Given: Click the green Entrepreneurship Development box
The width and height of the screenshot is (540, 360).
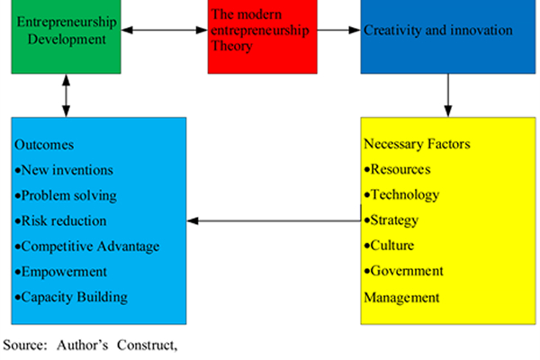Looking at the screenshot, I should point(66,36).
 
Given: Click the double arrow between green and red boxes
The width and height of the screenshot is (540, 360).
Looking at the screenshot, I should point(164,31).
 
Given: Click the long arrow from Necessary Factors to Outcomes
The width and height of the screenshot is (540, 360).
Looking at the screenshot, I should point(274,220).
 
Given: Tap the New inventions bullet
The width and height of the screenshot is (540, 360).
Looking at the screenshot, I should point(63,170).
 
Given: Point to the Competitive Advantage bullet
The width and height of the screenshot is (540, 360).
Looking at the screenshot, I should point(89,246).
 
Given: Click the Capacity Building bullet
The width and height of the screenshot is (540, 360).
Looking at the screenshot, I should point(74,296).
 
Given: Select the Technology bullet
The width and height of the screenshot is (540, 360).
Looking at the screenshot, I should point(404,194).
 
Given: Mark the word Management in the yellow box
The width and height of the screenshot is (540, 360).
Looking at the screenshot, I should point(401,296).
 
